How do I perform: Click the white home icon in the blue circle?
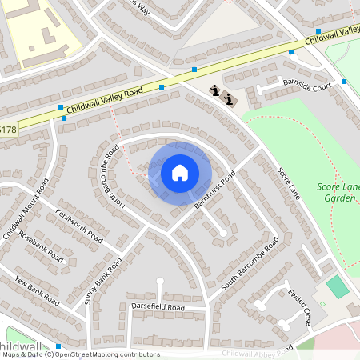click(x=180, y=173)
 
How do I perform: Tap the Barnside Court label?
click(x=306, y=86)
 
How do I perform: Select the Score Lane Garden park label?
click(x=338, y=193)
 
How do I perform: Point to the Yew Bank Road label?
click(x=37, y=290)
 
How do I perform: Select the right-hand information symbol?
click(x=230, y=100)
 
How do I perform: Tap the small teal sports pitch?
click(x=338, y=286)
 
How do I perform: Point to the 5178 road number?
click(x=7, y=129)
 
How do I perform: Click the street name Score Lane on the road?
click(x=287, y=183)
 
